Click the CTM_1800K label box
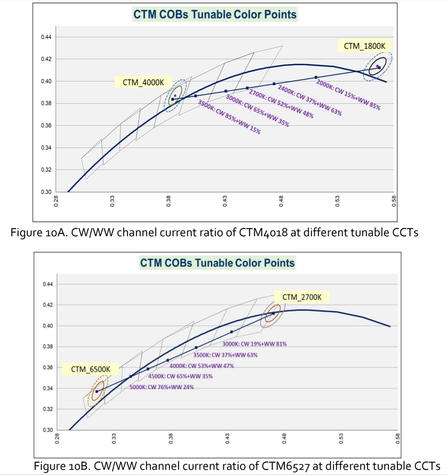click(x=364, y=46)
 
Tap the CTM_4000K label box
click(x=143, y=82)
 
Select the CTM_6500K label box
click(x=90, y=369)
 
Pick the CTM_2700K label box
click(x=302, y=297)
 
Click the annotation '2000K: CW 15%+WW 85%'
click(x=348, y=95)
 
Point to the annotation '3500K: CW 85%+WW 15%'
click(x=229, y=117)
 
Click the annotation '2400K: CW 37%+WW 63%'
click(x=310, y=100)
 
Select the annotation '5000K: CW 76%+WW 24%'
click(x=162, y=387)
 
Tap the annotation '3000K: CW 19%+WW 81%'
click(x=254, y=344)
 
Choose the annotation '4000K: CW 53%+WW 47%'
click(x=202, y=366)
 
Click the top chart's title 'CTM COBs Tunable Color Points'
click(x=215, y=14)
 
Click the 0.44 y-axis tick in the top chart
click(x=46, y=37)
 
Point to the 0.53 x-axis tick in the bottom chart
click(x=341, y=438)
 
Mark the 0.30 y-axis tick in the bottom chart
click(x=48, y=430)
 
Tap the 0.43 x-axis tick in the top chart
click(x=225, y=201)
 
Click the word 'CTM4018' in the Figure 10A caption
click(x=263, y=232)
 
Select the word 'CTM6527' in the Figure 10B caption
click(x=286, y=466)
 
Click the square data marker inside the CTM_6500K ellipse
click(x=97, y=392)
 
